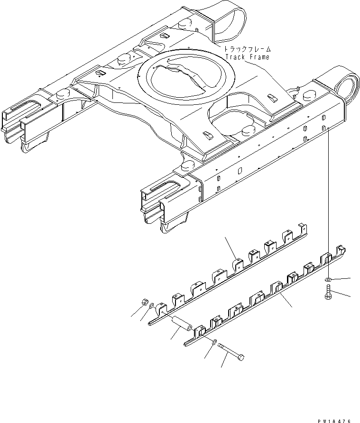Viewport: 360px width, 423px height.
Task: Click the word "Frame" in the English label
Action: [258, 57]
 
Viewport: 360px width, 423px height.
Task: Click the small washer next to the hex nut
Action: [151, 309]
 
